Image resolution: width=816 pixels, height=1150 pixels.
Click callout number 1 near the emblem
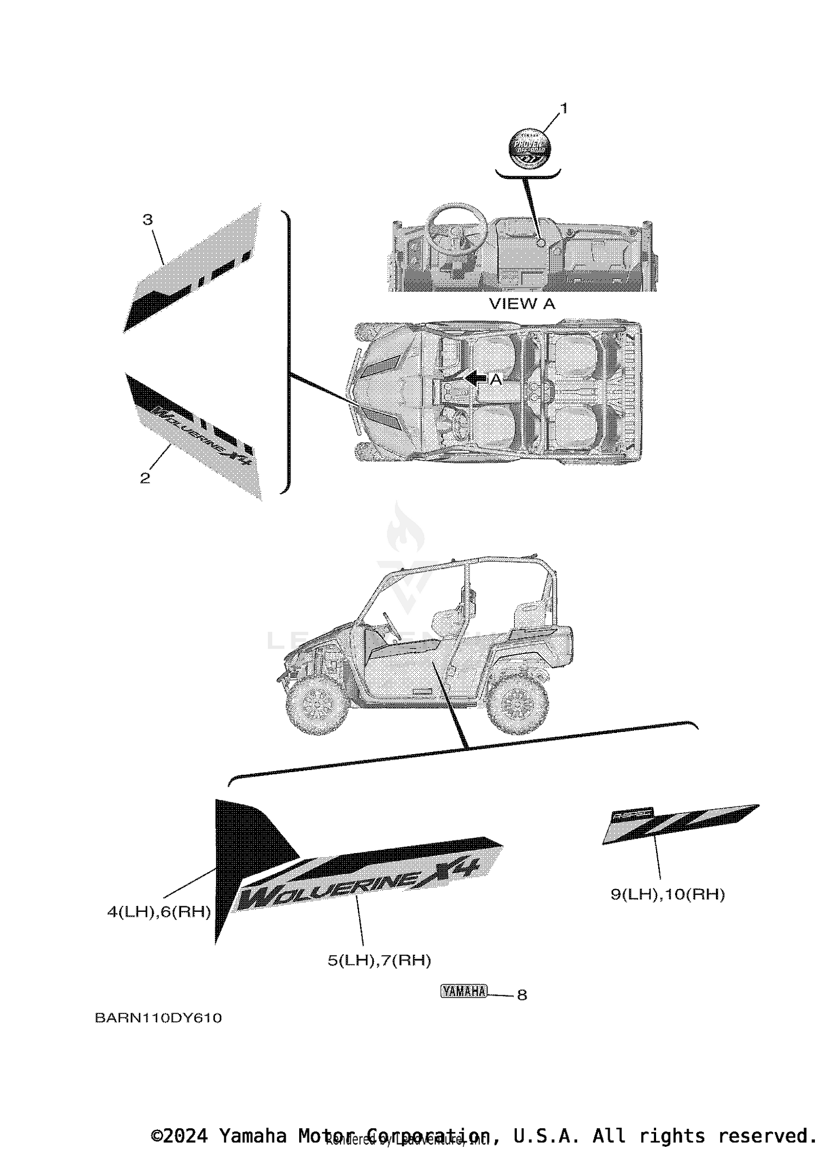[564, 109]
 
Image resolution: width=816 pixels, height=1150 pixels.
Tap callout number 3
[147, 220]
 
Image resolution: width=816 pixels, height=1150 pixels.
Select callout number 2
[145, 478]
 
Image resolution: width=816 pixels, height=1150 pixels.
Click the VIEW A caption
[522, 304]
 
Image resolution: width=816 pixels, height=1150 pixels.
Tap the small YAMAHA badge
[464, 991]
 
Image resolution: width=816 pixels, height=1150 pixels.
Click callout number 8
[522, 995]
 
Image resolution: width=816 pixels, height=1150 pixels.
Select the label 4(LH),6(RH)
[159, 912]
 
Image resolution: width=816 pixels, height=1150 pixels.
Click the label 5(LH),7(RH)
[379, 961]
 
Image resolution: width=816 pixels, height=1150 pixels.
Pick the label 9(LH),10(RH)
[667, 894]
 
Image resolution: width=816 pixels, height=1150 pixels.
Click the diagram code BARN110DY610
[158, 1018]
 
